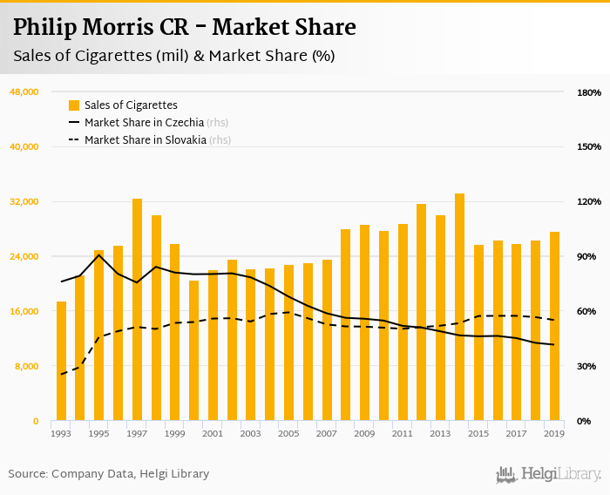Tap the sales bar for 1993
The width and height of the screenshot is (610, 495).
coord(61,361)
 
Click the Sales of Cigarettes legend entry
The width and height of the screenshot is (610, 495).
coord(131,105)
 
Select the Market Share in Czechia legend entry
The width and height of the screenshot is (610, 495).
coord(145,123)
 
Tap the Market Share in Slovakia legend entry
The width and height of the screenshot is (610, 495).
coord(145,139)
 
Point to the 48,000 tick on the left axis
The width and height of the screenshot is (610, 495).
coord(24,92)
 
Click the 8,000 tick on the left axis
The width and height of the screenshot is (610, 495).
coord(27,366)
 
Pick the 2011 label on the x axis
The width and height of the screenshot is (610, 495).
coord(402,433)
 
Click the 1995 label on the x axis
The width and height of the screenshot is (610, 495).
coord(98,433)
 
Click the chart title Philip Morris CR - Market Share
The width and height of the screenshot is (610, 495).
coord(184,27)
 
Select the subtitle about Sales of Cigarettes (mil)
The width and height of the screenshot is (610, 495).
coord(173,56)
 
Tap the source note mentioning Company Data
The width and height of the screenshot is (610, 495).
coord(109,474)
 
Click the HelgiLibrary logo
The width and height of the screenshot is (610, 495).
coord(548,474)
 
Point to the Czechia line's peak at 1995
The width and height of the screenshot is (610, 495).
coord(98,254)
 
